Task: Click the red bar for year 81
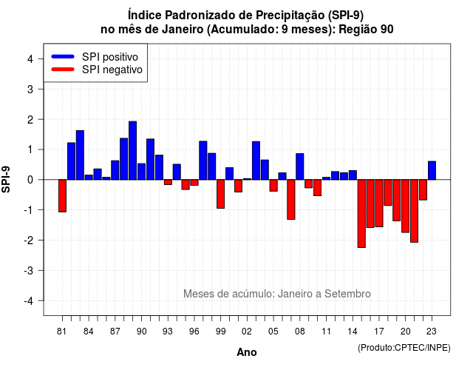(x=62, y=195)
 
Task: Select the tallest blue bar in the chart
(x=133, y=150)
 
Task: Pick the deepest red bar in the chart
(x=361, y=214)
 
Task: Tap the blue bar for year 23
(x=432, y=170)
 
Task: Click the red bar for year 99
(x=220, y=194)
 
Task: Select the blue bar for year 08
(x=300, y=166)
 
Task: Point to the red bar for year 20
(x=406, y=206)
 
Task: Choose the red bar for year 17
(x=379, y=203)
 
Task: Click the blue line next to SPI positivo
(x=63, y=56)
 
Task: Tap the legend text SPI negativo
(x=112, y=70)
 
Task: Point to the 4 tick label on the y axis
(x=30, y=59)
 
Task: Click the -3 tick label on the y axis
(x=29, y=270)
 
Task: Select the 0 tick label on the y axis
(x=30, y=180)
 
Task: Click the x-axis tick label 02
(x=247, y=332)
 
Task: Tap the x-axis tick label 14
(x=353, y=332)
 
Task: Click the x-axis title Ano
(x=247, y=352)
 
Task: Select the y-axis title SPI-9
(x=6, y=179)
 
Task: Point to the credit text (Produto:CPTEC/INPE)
(x=404, y=348)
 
